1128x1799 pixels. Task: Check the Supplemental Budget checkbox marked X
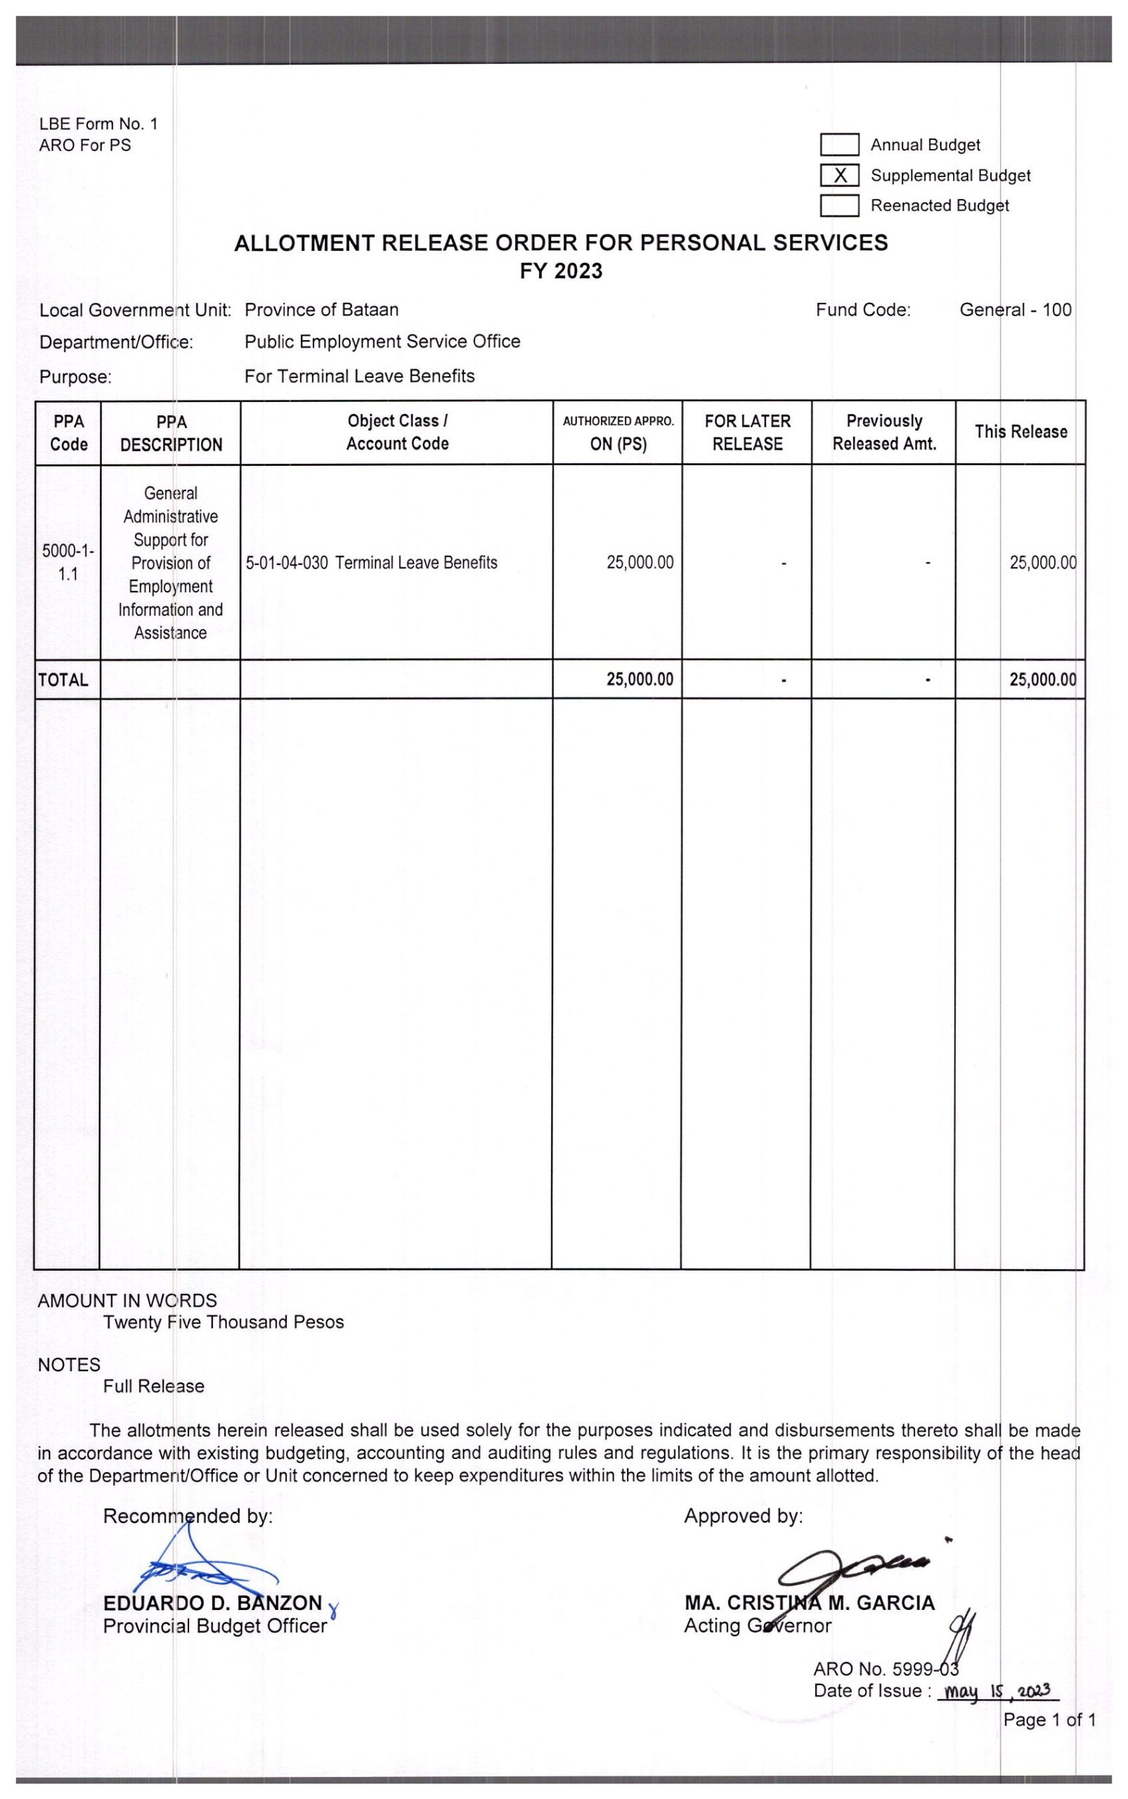839,175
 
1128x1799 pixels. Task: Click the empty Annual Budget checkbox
839,145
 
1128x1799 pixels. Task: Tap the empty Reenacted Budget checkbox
839,205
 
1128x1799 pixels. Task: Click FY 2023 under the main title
561,271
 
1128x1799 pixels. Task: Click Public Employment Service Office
382,342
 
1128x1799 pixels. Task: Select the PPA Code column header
69,433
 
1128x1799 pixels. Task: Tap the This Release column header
1020,432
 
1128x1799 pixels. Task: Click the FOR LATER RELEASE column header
747,433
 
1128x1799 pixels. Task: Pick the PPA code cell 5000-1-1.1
68,562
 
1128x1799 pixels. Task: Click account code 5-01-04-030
287,563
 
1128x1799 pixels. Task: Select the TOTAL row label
63,680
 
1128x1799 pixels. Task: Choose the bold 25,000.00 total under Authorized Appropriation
640,680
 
